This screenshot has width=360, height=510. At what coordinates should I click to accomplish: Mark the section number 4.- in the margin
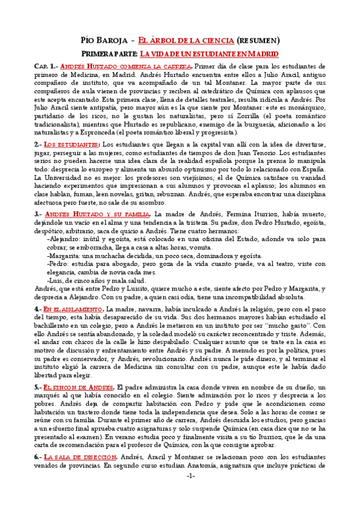point(38,309)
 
